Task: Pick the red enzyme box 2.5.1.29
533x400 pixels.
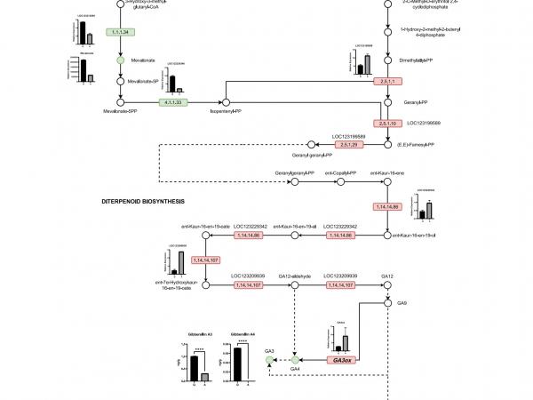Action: click(x=349, y=145)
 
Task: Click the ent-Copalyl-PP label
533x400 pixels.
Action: click(x=338, y=172)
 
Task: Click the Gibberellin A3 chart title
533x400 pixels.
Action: click(x=199, y=333)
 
